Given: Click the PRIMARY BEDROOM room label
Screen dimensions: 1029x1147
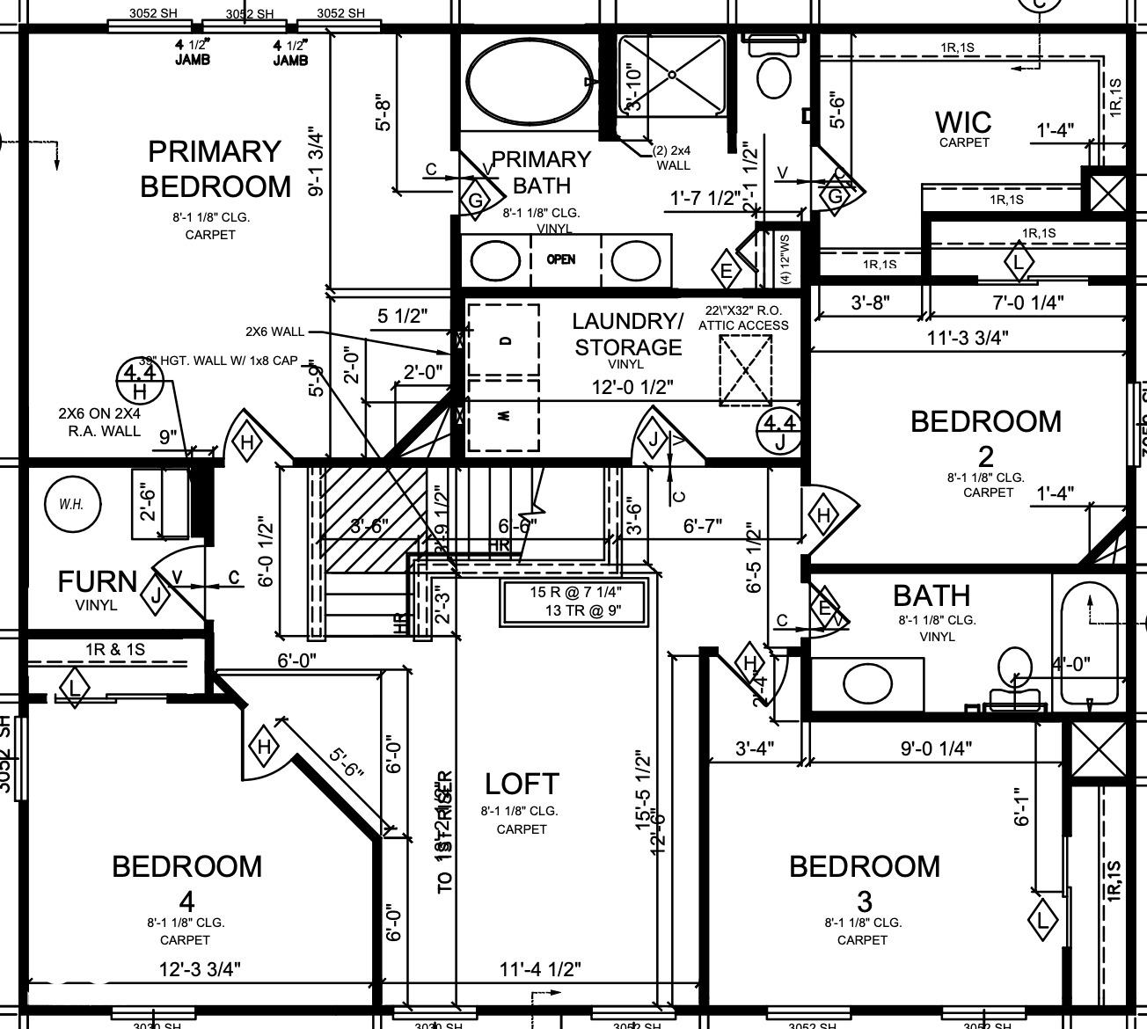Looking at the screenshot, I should coord(215,169).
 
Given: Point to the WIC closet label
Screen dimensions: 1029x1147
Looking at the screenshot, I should coord(963,123).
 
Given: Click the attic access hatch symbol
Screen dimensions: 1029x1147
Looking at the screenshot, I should coord(745,369).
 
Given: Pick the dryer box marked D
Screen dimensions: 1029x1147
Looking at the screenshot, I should coord(503,339).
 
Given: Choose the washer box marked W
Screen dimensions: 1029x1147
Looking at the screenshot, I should coord(503,416).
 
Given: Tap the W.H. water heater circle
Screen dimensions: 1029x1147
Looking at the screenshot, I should coord(72,505).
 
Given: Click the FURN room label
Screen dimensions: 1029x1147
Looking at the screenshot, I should coord(97,582).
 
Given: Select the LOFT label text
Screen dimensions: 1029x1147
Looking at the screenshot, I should coord(522,784).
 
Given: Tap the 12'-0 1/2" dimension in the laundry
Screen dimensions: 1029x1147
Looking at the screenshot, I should coord(632,386).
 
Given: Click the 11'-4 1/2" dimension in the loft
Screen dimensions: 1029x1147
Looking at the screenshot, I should coord(540,969).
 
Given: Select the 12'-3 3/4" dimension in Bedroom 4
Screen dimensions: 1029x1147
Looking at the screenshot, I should coord(200,969).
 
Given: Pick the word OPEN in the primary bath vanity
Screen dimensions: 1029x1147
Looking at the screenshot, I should coord(561,259).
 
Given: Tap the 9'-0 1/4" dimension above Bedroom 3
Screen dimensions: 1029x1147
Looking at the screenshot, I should coord(935,748).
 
